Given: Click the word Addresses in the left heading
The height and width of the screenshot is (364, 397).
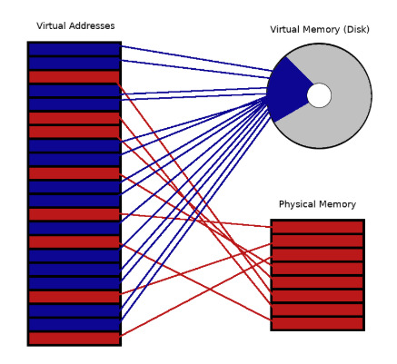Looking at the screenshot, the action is pos(92,25).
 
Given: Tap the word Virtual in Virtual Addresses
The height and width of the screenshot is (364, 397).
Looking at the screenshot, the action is pos(52,25).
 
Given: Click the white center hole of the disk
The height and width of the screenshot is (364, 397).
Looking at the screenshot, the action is pos(319,95).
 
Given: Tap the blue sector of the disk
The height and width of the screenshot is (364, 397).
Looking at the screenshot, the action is pos(288,90).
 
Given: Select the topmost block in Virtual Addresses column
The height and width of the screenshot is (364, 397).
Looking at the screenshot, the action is pos(74,49).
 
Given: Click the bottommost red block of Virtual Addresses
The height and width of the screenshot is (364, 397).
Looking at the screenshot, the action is pos(74,339).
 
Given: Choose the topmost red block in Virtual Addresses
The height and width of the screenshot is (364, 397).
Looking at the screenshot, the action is pos(74,77).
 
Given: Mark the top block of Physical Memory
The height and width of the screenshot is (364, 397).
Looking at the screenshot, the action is pos(317,227).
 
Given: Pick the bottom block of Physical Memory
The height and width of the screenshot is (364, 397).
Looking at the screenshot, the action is pos(317,323).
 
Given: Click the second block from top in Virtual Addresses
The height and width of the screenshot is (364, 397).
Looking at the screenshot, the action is pos(74,64).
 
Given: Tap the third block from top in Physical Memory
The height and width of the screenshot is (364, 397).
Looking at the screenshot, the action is pos(317,255).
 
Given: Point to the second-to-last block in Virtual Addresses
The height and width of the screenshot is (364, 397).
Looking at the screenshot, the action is pos(74,325).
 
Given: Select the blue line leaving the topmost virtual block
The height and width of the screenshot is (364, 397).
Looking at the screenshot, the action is pos(196,58).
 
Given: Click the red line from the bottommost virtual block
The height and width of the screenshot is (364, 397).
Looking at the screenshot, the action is pos(196,297).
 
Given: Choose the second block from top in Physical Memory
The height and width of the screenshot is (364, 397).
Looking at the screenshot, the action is pos(317,241).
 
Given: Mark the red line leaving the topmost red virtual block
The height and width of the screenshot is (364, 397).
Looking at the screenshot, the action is pos(194,194).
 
